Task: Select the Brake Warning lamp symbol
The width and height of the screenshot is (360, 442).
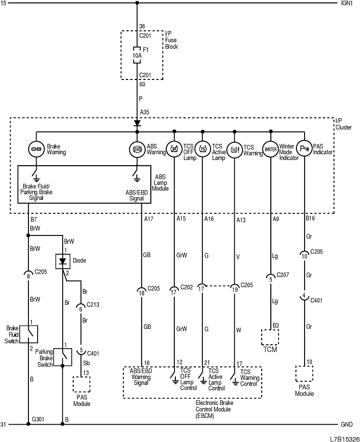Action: pos(36,149)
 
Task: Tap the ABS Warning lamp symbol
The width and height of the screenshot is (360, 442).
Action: pos(137,149)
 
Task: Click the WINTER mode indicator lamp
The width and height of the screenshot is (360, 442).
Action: pos(270,149)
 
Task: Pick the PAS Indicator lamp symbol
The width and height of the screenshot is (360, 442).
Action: pos(304,149)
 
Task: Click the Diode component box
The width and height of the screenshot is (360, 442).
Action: pos(63,261)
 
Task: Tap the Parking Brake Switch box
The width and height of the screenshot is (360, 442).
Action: pos(63,357)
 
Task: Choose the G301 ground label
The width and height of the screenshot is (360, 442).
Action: pos(39,419)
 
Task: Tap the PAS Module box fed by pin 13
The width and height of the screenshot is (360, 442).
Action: pos(81,384)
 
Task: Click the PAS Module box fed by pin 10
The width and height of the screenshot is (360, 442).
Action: pos(304,374)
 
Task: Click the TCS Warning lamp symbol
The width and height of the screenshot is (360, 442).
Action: pos(235,149)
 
